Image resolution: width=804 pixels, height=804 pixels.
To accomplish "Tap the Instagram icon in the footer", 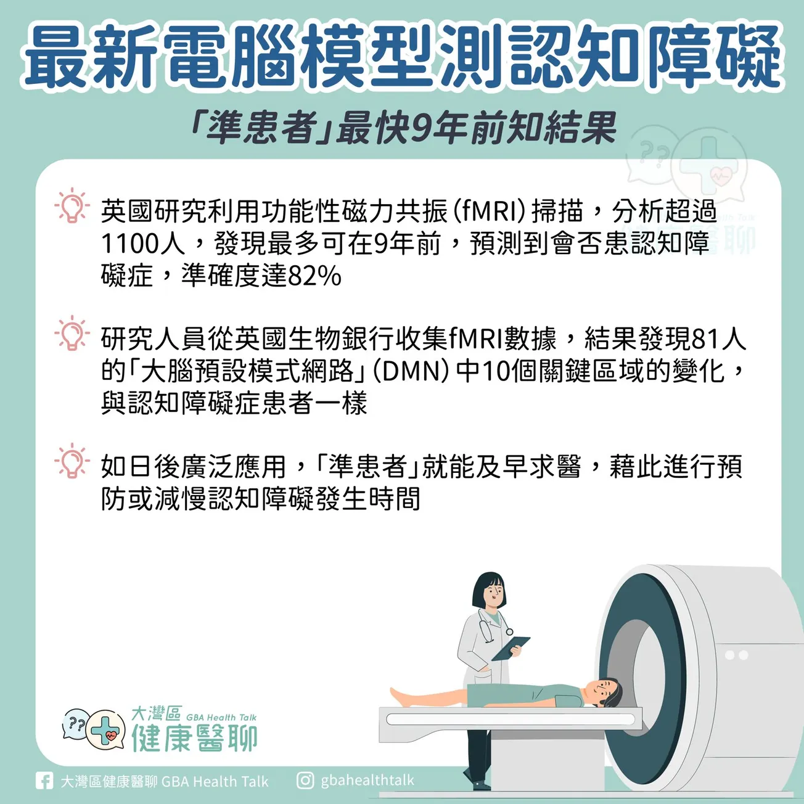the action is click(x=305, y=780).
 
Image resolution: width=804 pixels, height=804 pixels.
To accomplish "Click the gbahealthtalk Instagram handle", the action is click(x=367, y=780).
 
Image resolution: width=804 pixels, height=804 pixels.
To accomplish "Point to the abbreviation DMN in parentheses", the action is click(x=411, y=371).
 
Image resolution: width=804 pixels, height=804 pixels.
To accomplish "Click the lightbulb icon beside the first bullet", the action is click(x=72, y=205).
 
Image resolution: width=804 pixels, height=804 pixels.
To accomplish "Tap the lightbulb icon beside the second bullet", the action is click(x=72, y=333).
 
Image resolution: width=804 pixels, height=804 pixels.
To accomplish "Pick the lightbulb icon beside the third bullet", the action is click(x=72, y=461).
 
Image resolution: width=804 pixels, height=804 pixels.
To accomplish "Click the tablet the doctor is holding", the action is click(x=511, y=649).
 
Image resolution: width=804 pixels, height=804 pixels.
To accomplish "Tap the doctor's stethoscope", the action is click(x=493, y=625).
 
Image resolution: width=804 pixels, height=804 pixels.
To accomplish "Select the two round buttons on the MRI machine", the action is click(x=736, y=655).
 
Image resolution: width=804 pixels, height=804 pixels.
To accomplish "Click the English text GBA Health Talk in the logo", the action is click(x=221, y=718).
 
